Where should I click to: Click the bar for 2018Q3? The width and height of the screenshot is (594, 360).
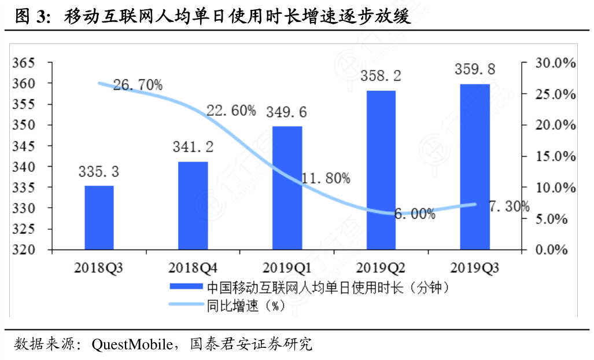(x=99, y=218)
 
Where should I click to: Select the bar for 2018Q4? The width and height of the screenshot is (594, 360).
(x=193, y=205)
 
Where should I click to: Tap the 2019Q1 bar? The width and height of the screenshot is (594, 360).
(x=287, y=188)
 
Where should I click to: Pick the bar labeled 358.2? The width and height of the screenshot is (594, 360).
(x=381, y=170)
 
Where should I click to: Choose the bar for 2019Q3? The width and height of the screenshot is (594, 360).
(x=475, y=167)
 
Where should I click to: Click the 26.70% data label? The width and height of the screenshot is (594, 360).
(x=138, y=85)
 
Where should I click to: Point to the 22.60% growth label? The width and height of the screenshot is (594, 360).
(x=231, y=111)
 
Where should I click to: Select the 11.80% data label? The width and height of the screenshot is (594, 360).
(x=325, y=178)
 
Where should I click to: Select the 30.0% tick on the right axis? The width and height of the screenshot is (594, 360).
(x=553, y=63)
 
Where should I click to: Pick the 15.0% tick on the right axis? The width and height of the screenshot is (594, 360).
(x=553, y=156)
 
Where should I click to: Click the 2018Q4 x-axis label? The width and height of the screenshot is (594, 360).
(x=193, y=268)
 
